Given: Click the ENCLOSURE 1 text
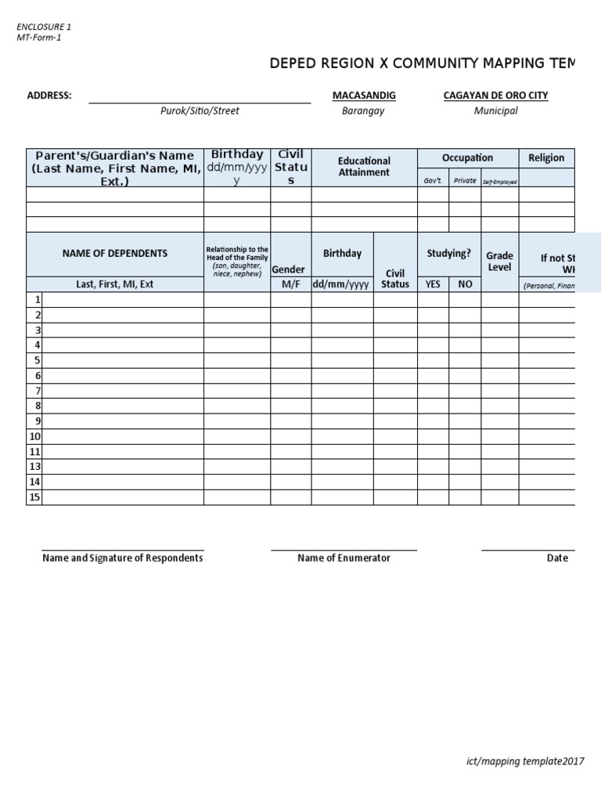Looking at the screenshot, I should click(x=44, y=27).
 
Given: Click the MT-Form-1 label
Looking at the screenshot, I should click(x=38, y=38).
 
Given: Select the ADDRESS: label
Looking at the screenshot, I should click(x=49, y=96).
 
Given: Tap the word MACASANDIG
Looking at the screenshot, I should click(x=364, y=96).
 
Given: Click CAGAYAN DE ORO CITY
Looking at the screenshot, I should click(x=495, y=96).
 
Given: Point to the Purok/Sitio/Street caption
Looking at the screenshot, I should click(x=200, y=111).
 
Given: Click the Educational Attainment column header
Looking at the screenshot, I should click(x=364, y=167).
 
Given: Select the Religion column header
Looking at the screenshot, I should click(x=546, y=157).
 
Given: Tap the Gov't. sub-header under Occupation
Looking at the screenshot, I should click(x=433, y=181).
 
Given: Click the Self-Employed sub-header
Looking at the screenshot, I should click(x=499, y=182).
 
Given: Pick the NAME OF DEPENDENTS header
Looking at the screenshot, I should click(x=115, y=253).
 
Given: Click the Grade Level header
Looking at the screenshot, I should click(x=499, y=261).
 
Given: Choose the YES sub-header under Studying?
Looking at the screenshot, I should click(x=433, y=284).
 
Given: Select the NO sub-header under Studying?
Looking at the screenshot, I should click(x=465, y=284).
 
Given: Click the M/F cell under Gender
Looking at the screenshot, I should click(x=291, y=284).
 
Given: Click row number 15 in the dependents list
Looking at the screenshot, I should click(x=34, y=497).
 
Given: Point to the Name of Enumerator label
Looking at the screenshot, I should click(x=344, y=558).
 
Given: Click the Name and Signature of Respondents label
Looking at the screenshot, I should click(x=122, y=558).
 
